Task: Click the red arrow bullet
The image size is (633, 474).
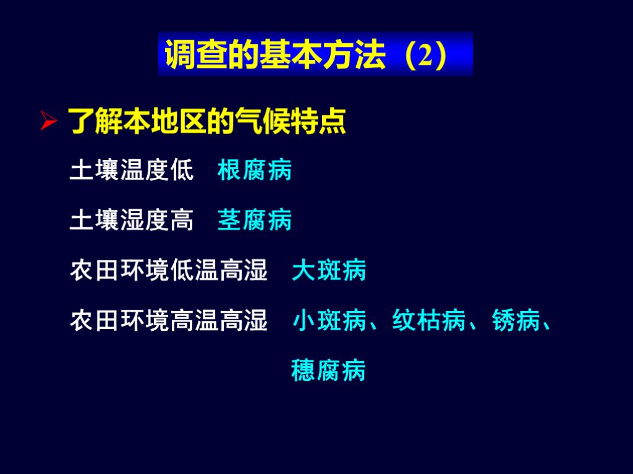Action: pos(49,120)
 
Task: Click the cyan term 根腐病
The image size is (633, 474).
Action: pos(255,170)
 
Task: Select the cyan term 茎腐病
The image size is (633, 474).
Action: pos(255,220)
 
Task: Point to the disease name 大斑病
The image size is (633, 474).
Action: pos(329,270)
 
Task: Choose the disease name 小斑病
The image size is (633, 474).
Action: pos(329,321)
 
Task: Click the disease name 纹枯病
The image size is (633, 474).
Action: pos(429,321)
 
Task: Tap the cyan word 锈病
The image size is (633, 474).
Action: pos(517,321)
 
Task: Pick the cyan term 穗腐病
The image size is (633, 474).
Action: pos(328,370)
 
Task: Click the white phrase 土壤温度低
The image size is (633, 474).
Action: pos(132,170)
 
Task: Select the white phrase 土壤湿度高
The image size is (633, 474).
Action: pos(132,220)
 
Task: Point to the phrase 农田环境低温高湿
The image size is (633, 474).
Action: pos(169,270)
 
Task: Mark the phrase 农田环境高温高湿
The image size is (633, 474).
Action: pos(169,321)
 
